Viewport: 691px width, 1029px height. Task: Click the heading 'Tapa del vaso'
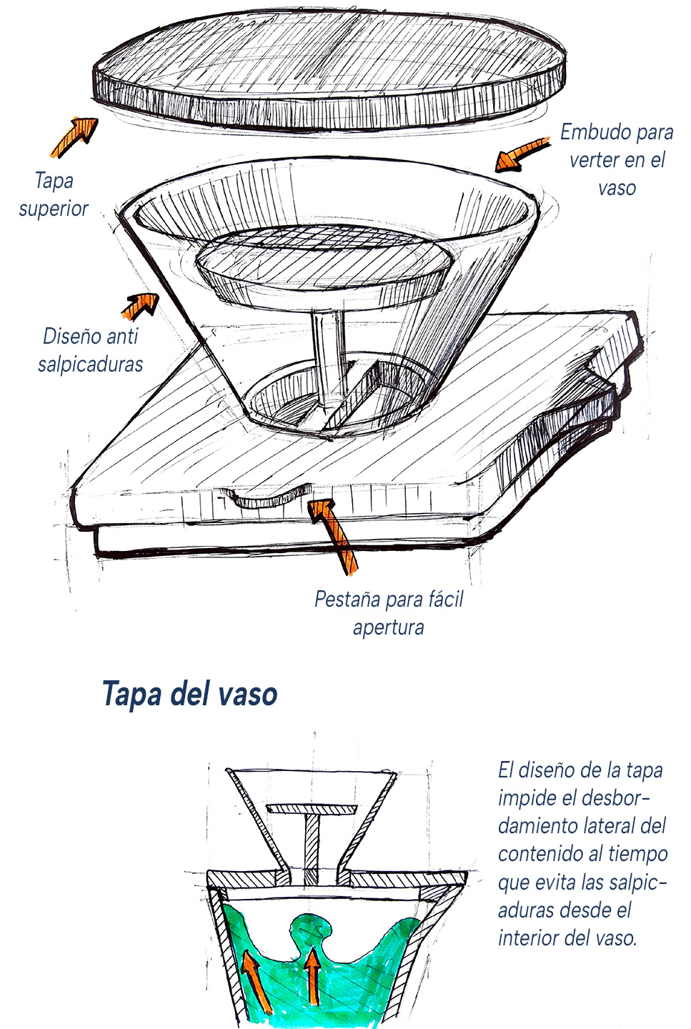(190, 694)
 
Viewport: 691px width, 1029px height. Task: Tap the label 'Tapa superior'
(54, 195)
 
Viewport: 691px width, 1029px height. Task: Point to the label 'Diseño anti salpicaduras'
(91, 350)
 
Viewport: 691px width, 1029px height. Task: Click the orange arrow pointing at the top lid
(74, 137)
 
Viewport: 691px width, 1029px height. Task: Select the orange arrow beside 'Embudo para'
(522, 154)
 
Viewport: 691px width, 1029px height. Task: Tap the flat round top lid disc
(329, 71)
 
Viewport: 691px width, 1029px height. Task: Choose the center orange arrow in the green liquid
(313, 975)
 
